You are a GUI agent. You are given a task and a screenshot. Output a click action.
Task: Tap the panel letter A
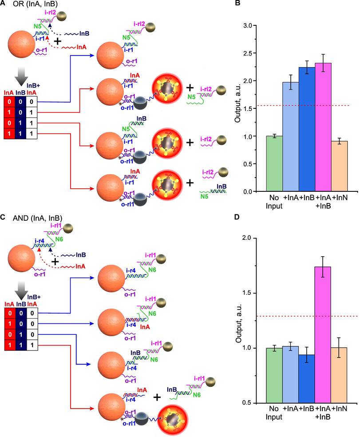pyautogui.click(x=4, y=4)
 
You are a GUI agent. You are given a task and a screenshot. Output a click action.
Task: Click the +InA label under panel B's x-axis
pyautogui.click(x=292, y=197)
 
